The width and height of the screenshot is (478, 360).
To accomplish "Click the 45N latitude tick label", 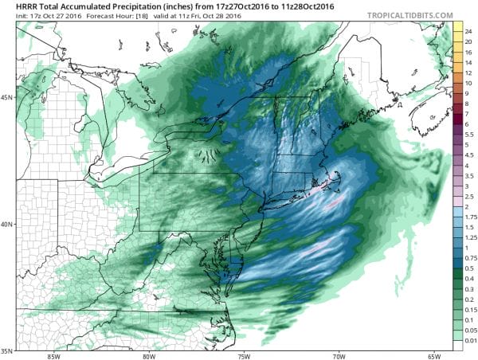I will point(8,97).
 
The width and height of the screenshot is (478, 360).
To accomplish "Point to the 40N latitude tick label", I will point(8,224).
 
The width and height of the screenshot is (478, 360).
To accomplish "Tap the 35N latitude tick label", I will point(8,350).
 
